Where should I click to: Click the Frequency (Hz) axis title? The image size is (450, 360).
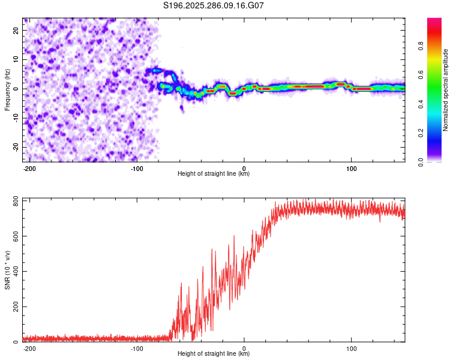pyautogui.click(x=7, y=90)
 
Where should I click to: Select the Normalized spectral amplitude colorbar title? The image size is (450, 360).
pyautogui.click(x=446, y=90)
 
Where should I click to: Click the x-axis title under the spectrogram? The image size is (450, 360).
pyautogui.click(x=214, y=174)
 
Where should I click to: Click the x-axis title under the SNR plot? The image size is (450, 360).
pyautogui.click(x=214, y=354)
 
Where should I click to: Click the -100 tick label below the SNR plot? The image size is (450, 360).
pyautogui.click(x=137, y=348)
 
